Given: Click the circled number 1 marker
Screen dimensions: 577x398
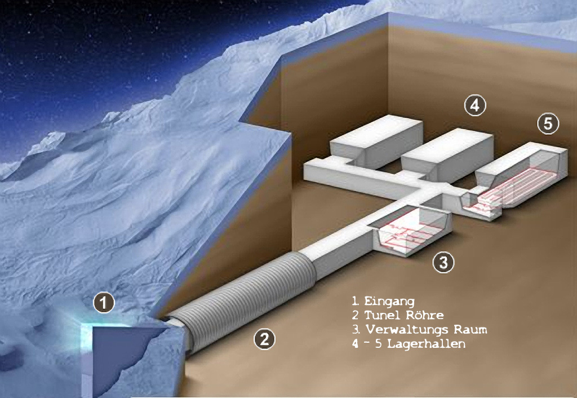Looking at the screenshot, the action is tap(104, 303).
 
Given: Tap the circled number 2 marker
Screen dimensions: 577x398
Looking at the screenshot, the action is tap(265, 339).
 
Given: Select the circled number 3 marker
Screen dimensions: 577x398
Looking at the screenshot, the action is tap(443, 262).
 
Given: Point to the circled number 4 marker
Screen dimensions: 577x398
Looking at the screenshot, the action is tap(475, 105).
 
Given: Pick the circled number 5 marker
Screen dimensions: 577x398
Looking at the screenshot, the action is tap(548, 123).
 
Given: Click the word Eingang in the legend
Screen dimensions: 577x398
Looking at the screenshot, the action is tap(389, 302).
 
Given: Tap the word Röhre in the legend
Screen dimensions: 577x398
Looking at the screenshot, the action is tap(425, 315).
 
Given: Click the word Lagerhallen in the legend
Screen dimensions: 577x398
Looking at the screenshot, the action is tap(426, 343).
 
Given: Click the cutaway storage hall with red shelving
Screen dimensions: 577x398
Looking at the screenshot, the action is tap(522, 175).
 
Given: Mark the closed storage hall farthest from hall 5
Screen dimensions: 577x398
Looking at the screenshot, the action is tap(376, 140).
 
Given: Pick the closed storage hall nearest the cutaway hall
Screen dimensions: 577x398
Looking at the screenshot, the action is tap(447, 154).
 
